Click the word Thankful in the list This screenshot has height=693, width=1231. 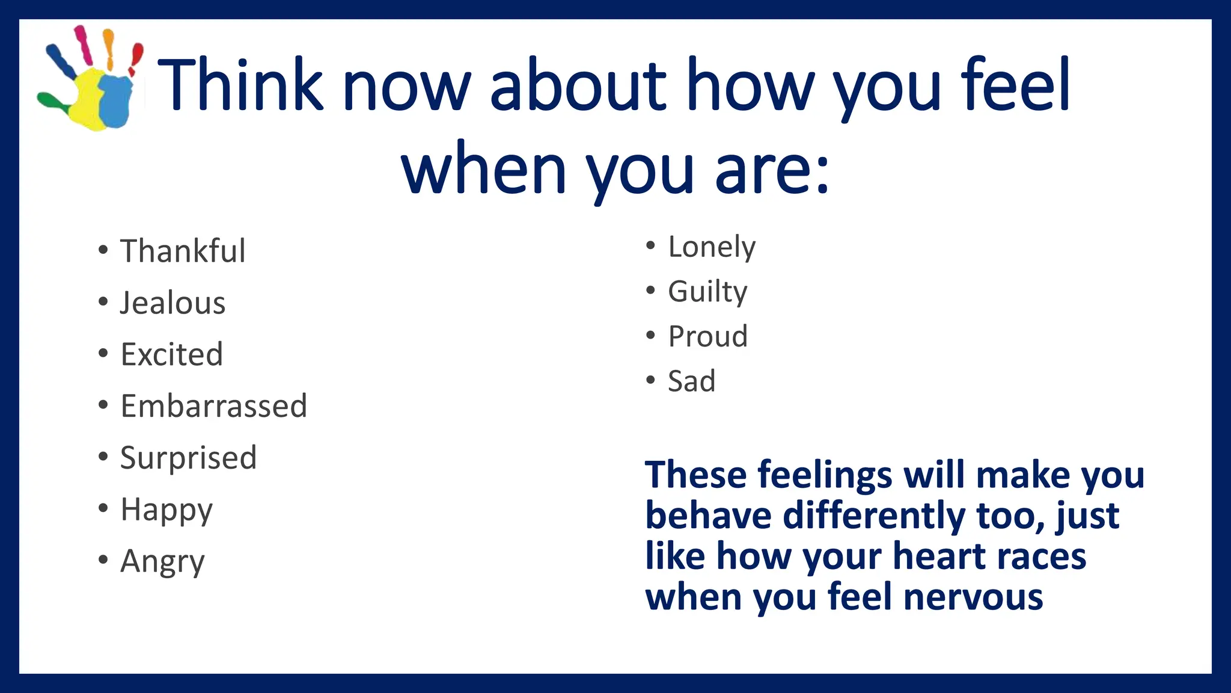click(183, 251)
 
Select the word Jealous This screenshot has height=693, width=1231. click(173, 303)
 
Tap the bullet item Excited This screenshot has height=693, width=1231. click(171, 354)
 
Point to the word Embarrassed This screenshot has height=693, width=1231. click(213, 406)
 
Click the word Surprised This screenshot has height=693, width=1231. click(188, 458)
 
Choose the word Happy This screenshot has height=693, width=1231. click(166, 510)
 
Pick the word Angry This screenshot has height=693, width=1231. click(162, 562)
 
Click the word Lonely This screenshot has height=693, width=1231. click(712, 247)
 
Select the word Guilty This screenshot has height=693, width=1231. click(707, 292)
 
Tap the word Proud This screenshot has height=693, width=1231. click(708, 336)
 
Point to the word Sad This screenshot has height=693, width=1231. click(691, 381)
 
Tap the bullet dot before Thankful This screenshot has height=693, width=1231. click(103, 250)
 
